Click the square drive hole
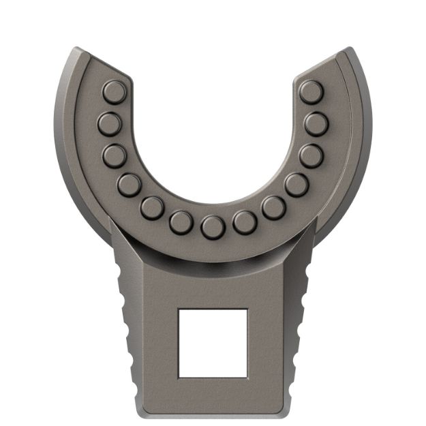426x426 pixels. (212, 343)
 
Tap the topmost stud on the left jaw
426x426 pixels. (113, 91)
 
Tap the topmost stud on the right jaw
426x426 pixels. (311, 91)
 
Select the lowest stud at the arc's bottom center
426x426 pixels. (212, 226)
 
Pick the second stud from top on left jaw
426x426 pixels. (109, 123)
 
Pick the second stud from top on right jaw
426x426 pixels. (316, 123)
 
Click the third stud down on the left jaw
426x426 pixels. (114, 155)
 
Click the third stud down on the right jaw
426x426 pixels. (311, 155)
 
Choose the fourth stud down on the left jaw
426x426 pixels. (128, 183)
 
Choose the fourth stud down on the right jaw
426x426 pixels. (296, 183)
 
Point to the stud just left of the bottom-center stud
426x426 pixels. (181, 221)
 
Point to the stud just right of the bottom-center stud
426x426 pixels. (243, 221)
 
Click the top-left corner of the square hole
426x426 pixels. (179, 309)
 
